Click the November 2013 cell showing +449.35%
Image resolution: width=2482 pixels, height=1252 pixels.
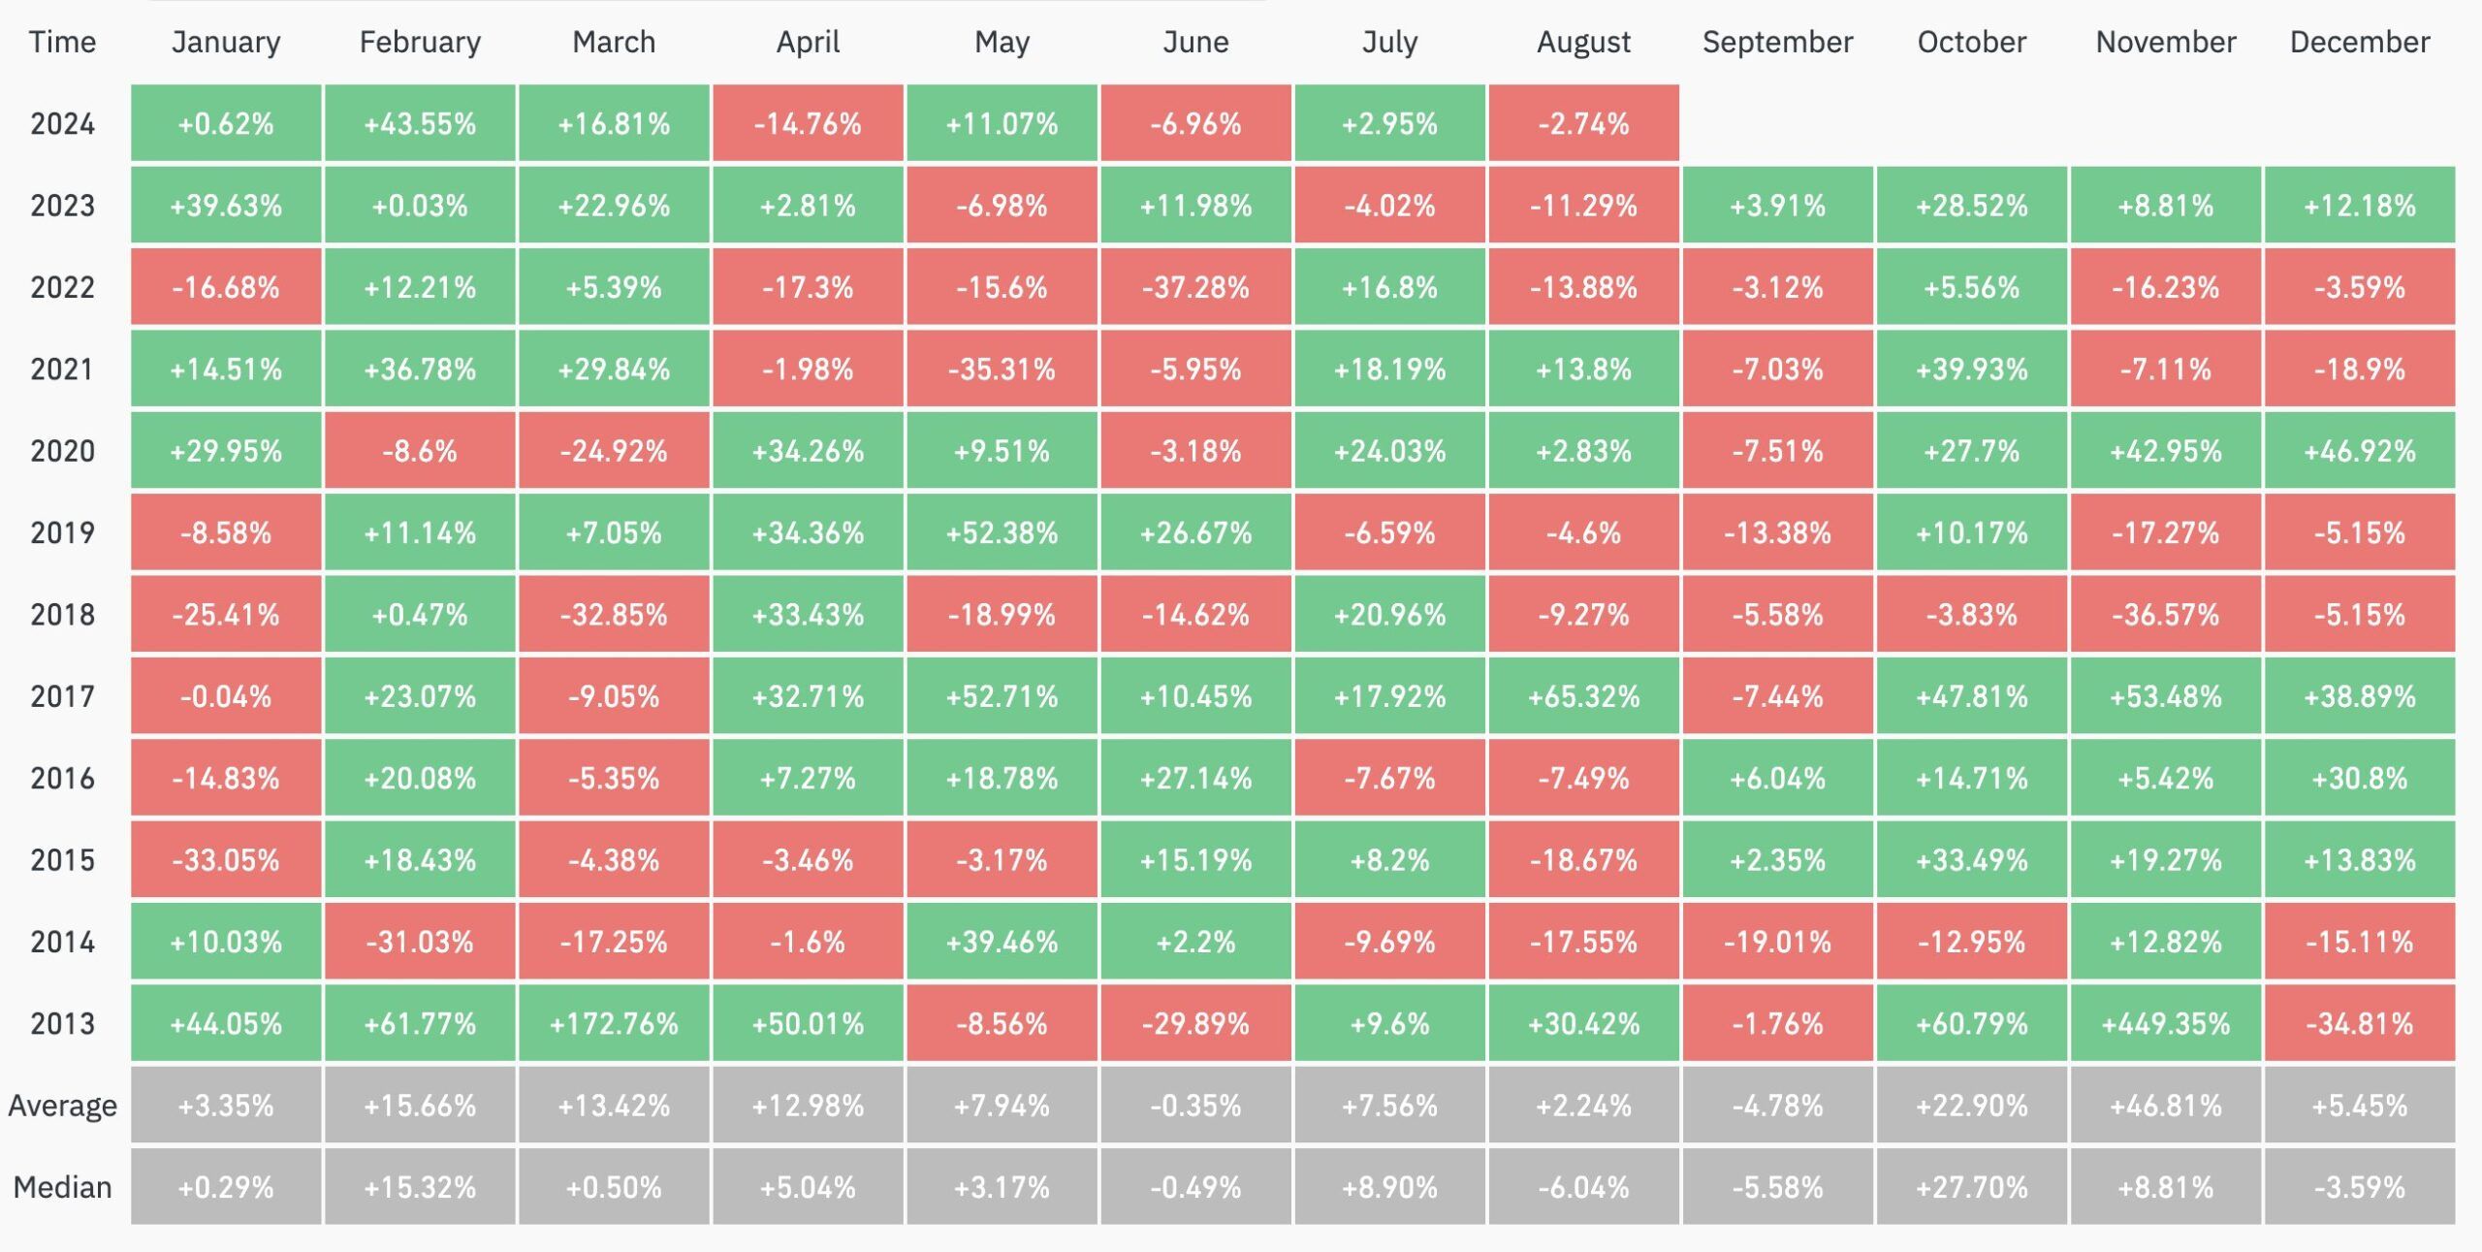point(2165,1023)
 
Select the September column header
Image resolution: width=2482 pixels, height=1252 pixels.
point(1777,42)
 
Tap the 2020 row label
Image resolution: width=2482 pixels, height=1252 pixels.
point(62,451)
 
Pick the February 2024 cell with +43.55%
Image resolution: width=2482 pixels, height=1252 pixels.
point(420,123)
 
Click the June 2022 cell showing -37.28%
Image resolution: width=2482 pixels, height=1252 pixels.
point(1195,287)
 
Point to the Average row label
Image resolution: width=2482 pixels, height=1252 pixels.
point(62,1106)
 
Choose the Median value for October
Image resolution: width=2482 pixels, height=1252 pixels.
point(1971,1187)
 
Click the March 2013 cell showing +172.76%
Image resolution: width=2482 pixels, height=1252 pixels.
point(614,1023)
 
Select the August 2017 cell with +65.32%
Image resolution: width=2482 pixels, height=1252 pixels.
point(1583,696)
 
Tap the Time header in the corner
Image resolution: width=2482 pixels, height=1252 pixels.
point(62,42)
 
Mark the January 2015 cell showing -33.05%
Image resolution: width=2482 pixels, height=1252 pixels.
point(226,860)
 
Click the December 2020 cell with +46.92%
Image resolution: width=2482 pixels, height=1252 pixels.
point(2359,451)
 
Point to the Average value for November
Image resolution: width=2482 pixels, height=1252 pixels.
point(2165,1106)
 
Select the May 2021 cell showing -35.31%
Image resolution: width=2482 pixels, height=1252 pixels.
point(1002,369)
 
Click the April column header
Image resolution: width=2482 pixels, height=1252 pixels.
point(808,42)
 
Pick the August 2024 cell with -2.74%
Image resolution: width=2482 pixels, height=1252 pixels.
point(1583,123)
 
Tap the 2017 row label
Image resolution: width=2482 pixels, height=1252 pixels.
point(62,696)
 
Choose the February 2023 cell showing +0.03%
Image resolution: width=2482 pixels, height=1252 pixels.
point(420,206)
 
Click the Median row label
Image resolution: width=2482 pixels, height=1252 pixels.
point(62,1187)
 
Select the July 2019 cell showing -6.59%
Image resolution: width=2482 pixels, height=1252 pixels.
point(1389,532)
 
